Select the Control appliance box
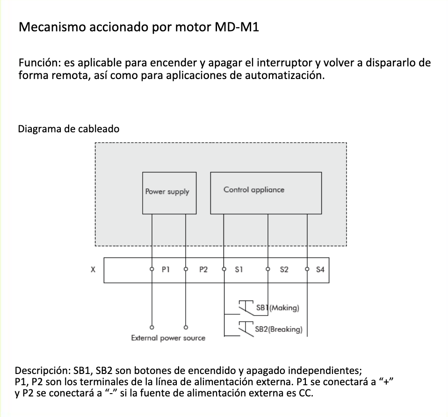266,193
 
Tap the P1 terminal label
165,269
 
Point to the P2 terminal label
203,269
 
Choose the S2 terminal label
284,269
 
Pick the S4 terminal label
320,269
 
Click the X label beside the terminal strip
93,270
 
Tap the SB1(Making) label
277,308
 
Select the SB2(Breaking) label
279,329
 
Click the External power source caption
168,338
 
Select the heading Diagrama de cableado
68,129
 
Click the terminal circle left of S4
307,269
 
